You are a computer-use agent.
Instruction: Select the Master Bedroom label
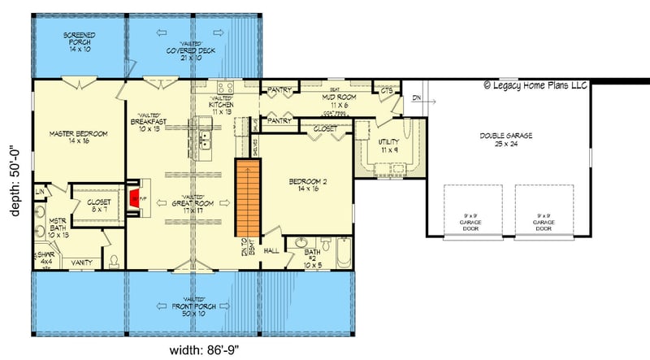click(67, 137)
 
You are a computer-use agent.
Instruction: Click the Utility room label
click(389, 146)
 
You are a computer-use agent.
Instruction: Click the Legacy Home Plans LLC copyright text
click(537, 84)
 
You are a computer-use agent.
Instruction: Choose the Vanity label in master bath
click(80, 262)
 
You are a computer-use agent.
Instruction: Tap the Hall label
click(272, 250)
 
